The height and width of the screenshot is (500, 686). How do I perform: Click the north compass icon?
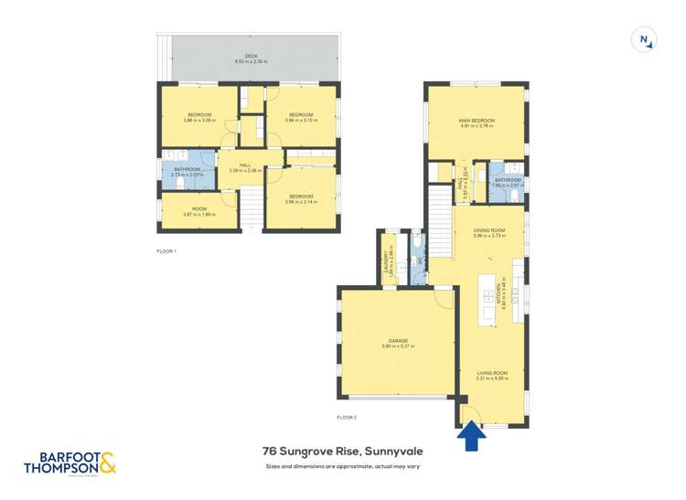pyautogui.click(x=645, y=39)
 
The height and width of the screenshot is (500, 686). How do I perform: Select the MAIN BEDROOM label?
pyautogui.click(x=476, y=123)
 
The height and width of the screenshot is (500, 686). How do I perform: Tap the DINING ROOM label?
pyautogui.click(x=490, y=232)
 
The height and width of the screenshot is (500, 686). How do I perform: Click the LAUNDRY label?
pyautogui.click(x=390, y=261)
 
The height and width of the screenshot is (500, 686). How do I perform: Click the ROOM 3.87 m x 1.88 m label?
pyautogui.click(x=198, y=211)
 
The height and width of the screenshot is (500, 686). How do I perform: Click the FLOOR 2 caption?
pyautogui.click(x=346, y=417)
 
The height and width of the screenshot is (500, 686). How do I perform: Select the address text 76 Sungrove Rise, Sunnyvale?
pyautogui.click(x=342, y=451)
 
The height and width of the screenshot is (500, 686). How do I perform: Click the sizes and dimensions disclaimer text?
pyautogui.click(x=342, y=466)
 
